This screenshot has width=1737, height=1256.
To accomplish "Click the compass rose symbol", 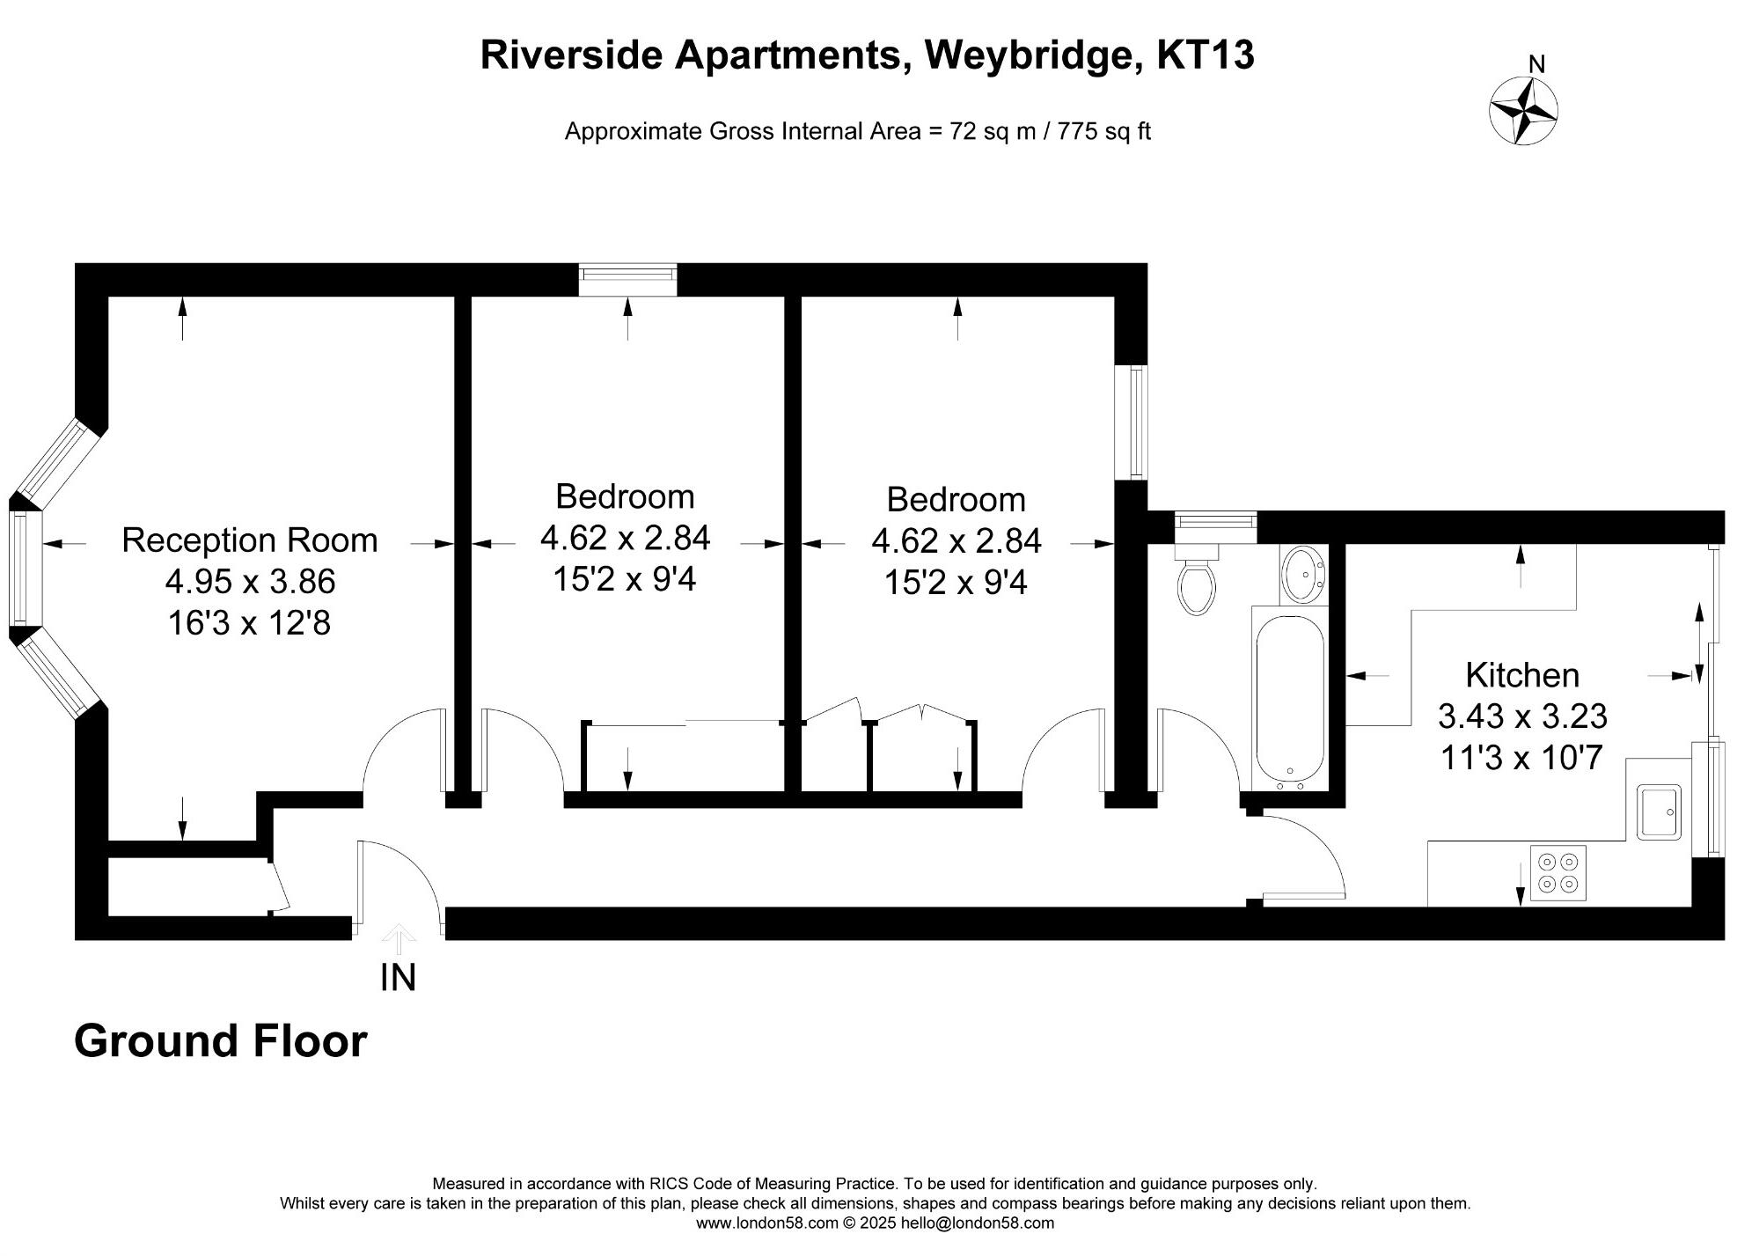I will (x=1523, y=112).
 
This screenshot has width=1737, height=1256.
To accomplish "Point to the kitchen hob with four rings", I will (x=1557, y=872).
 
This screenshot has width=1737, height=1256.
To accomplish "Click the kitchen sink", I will (x=1659, y=812).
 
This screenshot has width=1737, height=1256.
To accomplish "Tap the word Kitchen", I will (x=1521, y=675).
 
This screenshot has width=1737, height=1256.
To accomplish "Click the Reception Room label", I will (x=249, y=540).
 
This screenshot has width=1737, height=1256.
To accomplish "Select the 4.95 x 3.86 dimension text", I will (x=250, y=582).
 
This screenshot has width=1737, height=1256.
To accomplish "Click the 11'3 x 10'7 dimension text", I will (x=1521, y=758).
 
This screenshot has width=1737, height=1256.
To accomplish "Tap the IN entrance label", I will (x=398, y=978).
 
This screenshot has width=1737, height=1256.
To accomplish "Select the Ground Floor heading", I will (x=220, y=1041).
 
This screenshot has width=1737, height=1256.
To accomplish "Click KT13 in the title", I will (x=1205, y=55).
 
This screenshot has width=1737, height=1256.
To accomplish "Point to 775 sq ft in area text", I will (x=1103, y=132).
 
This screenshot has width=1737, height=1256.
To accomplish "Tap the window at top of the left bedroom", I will (x=627, y=279).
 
